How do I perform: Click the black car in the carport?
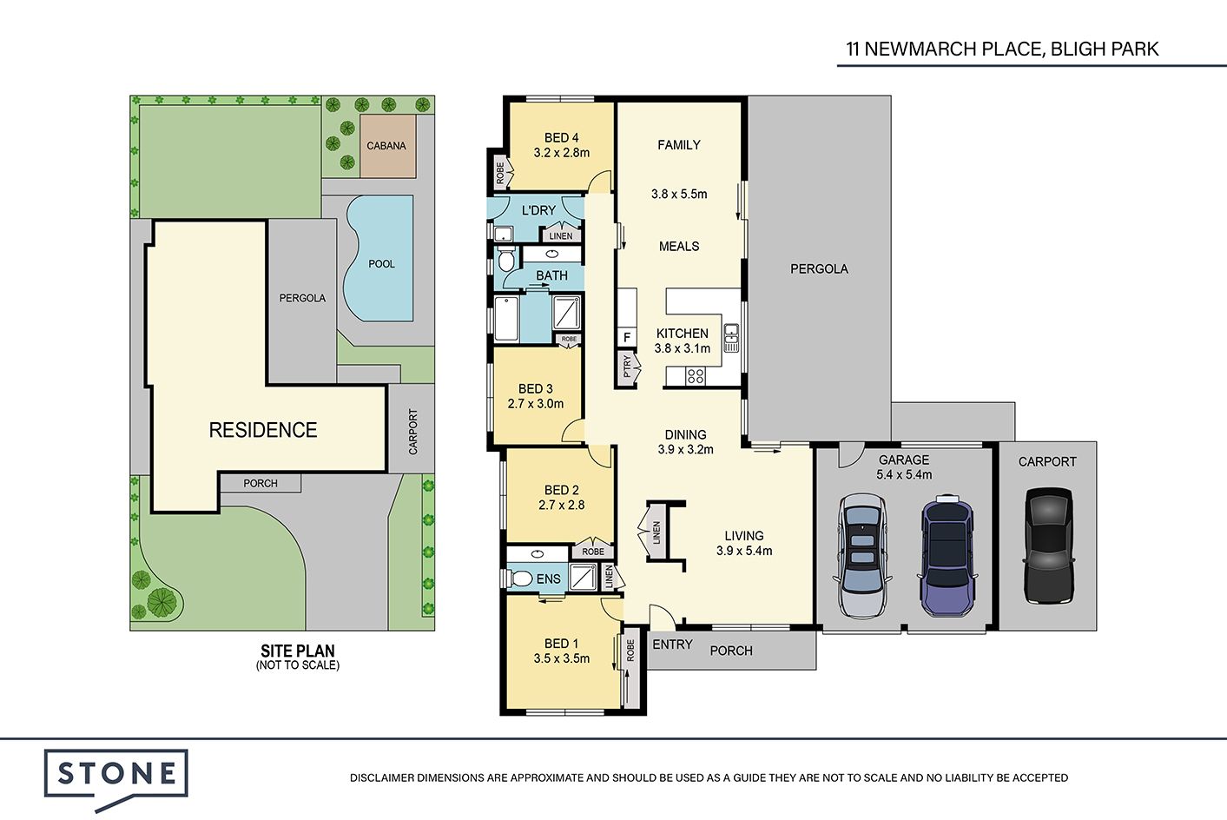click(x=1049, y=545)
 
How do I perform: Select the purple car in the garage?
click(x=947, y=555)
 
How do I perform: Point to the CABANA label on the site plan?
click(x=386, y=146)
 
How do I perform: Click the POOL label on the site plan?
click(x=381, y=264)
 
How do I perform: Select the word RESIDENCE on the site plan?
click(x=263, y=430)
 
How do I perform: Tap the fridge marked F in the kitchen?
click(x=627, y=337)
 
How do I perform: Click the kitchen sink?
click(x=730, y=338)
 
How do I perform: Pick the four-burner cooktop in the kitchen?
click(x=696, y=376)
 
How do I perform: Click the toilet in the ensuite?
click(x=518, y=579)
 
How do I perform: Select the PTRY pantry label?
click(x=628, y=367)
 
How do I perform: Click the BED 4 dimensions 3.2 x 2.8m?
click(x=562, y=153)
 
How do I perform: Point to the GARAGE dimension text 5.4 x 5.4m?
click(x=904, y=475)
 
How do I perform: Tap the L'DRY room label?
click(x=538, y=210)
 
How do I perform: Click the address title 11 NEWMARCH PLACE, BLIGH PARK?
click(x=1002, y=49)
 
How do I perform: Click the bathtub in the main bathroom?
click(x=506, y=318)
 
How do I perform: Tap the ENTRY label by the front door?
click(x=672, y=645)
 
